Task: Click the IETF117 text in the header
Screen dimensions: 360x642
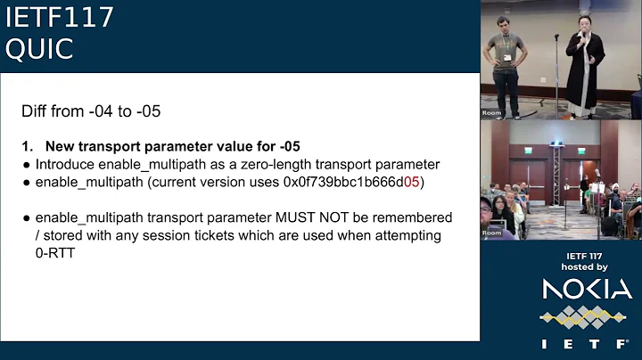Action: pyautogui.click(x=59, y=17)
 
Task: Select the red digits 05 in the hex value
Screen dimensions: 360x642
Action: pyautogui.click(x=412, y=182)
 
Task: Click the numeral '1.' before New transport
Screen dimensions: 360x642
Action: pyautogui.click(x=28, y=146)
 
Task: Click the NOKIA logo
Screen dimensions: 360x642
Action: pyautogui.click(x=587, y=289)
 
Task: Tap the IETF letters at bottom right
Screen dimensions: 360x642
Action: pyautogui.click(x=587, y=343)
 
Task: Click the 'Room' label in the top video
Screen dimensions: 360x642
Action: pyautogui.click(x=492, y=113)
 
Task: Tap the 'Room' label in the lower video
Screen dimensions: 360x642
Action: pyautogui.click(x=492, y=233)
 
